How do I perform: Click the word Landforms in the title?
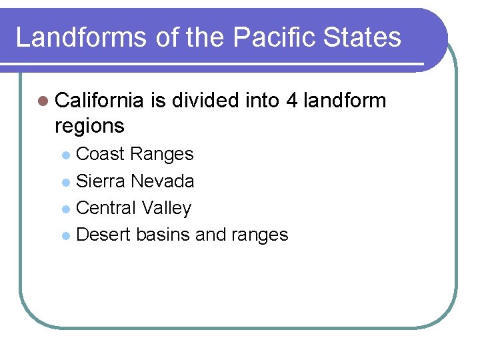(81, 37)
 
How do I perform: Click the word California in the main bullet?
(99, 101)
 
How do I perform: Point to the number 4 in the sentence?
(291, 101)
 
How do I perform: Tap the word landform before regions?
(345, 101)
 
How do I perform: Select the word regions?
(89, 125)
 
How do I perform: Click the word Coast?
(101, 154)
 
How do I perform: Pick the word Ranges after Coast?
(162, 154)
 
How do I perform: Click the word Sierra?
(101, 181)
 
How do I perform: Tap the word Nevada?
(163, 181)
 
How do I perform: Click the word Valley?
(167, 209)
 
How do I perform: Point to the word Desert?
(104, 235)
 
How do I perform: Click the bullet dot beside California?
(43, 101)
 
